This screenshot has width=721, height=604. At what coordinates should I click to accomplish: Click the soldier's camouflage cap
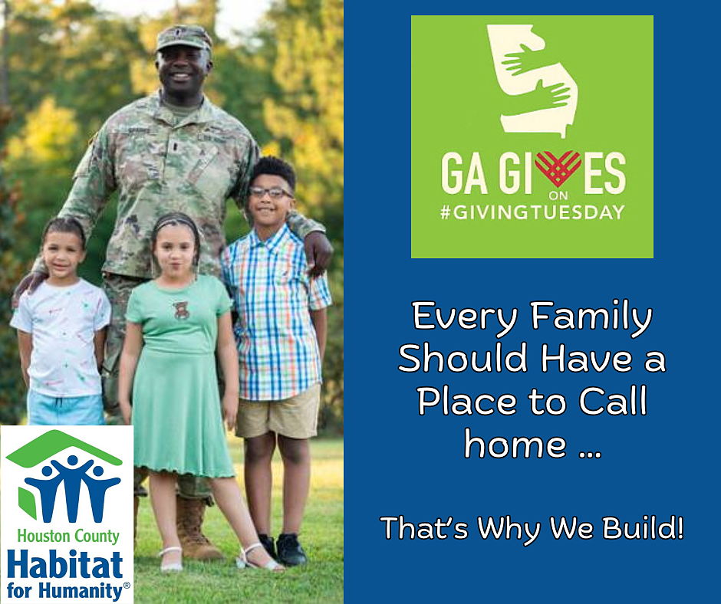[184, 38]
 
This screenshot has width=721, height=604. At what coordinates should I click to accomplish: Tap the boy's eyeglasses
[271, 192]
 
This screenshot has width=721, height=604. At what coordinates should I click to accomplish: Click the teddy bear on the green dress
[181, 310]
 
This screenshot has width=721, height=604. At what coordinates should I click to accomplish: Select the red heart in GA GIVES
[558, 168]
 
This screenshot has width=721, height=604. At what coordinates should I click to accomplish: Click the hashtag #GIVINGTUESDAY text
[532, 212]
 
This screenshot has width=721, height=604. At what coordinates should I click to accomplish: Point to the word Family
[591, 317]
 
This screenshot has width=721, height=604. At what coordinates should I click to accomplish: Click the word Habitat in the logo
[65, 565]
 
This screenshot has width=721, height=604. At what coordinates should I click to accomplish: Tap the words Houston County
[68, 537]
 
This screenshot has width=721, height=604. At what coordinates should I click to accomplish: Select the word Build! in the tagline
[643, 528]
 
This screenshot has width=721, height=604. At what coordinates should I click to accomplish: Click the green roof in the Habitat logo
[64, 445]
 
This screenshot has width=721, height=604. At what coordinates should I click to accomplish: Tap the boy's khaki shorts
[278, 412]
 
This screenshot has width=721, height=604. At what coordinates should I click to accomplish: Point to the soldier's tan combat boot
[196, 529]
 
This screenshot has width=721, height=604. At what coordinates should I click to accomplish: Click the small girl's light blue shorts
[66, 409]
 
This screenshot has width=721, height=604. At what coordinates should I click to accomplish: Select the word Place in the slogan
[468, 402]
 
